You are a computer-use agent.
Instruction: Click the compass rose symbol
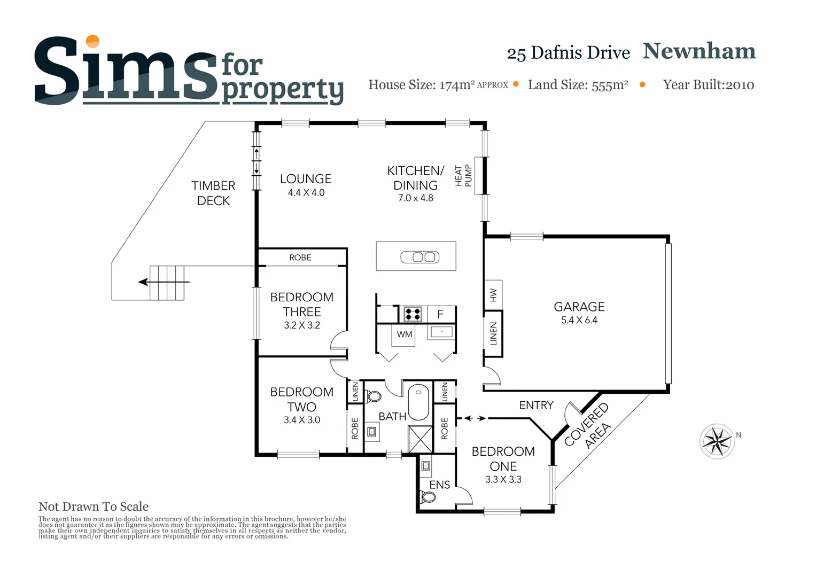717,441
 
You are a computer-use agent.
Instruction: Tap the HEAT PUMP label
463,176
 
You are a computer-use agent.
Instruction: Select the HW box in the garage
493,294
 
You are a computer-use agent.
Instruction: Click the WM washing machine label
405,334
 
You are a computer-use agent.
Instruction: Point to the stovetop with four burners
413,314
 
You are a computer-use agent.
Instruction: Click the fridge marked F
441,314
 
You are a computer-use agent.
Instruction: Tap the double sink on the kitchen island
420,257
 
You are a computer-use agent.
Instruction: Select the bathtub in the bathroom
419,402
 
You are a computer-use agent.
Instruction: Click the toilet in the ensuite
428,497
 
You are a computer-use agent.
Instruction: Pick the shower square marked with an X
420,439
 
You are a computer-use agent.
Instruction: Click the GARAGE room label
579,307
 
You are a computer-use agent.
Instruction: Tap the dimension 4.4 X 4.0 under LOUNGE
306,193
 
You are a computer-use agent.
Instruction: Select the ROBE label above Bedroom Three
300,258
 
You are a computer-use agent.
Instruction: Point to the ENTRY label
536,406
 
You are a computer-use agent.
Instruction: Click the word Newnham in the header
699,51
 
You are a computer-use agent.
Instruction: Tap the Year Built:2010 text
708,85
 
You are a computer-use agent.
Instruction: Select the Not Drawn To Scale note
94,506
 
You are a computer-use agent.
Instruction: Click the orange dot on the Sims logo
93,41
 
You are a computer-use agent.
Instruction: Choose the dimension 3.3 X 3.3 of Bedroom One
503,480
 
